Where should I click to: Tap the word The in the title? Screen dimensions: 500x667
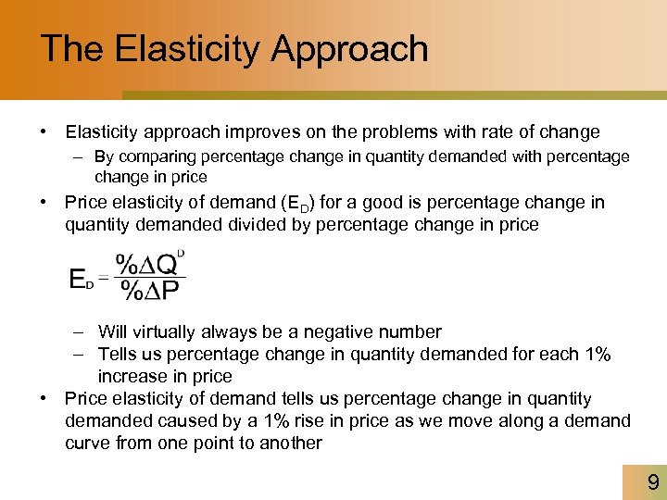[x=71, y=48]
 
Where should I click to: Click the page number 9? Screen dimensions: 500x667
[x=652, y=482]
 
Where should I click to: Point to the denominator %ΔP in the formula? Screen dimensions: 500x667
[x=150, y=290]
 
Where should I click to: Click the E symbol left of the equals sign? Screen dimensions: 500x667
[x=80, y=278]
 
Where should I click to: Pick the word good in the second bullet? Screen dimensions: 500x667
[x=384, y=203]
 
